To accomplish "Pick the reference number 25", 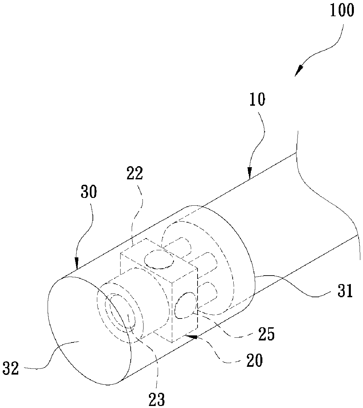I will [x=266, y=334].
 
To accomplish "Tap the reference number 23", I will [x=157, y=400].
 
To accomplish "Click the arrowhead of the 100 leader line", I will [x=298, y=72].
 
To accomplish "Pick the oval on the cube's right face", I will [x=185, y=305].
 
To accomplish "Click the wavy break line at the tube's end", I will [x=324, y=196].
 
